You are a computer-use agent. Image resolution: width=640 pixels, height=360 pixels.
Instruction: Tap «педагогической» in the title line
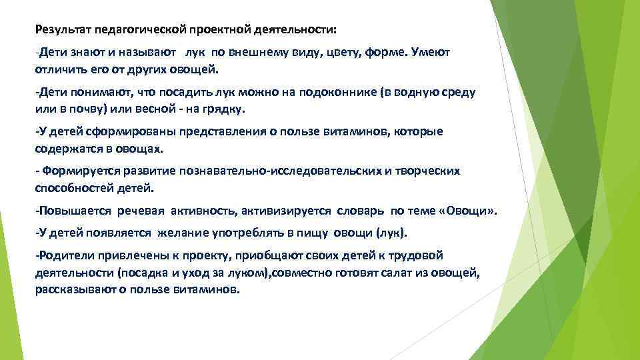[x=132, y=30]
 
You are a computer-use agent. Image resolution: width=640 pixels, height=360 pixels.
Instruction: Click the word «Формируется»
[x=75, y=171]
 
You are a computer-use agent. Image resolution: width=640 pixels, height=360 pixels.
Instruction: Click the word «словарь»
[x=361, y=211]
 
